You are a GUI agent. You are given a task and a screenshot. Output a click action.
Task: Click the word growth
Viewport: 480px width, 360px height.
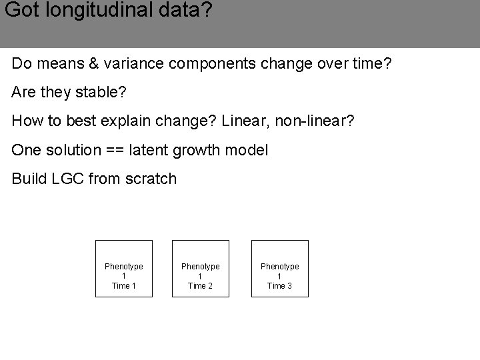tap(197, 151)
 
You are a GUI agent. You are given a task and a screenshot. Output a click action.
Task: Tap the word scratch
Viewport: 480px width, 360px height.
tap(151, 179)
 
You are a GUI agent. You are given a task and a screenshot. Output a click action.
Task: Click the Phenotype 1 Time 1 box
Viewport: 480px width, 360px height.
tap(124, 269)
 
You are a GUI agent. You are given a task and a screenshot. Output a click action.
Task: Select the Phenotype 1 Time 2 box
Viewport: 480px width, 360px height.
tap(201, 269)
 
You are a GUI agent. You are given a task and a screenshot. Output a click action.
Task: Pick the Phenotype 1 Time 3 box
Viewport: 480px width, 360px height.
tap(279, 269)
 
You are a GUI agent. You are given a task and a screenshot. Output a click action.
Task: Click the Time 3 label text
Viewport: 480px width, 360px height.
tap(279, 286)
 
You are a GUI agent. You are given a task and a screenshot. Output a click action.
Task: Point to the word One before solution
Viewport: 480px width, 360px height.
tap(26, 150)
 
